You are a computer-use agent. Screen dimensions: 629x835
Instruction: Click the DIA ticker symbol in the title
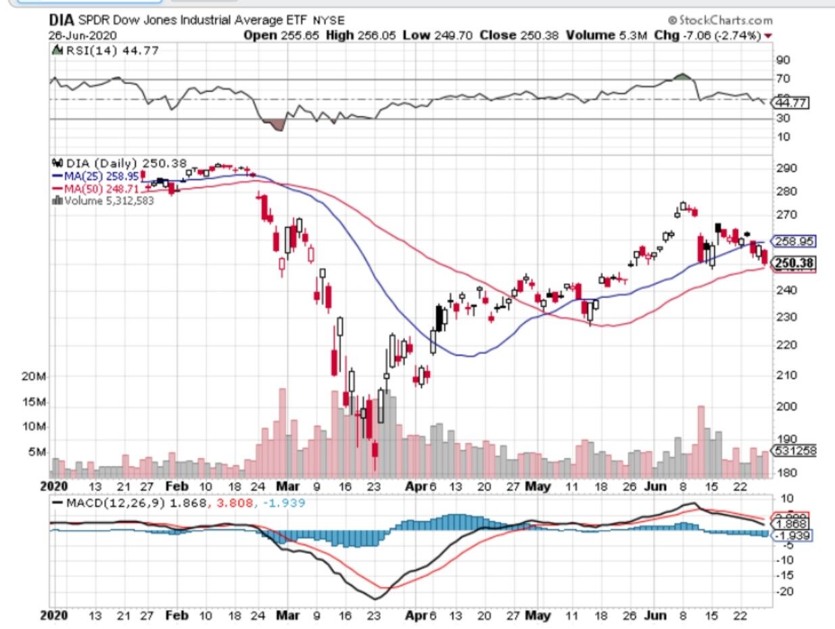point(62,21)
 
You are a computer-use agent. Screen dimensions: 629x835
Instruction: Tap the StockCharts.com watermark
point(719,21)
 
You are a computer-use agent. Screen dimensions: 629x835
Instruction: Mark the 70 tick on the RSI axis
point(783,78)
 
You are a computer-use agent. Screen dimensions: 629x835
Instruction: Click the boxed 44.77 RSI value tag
point(792,103)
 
